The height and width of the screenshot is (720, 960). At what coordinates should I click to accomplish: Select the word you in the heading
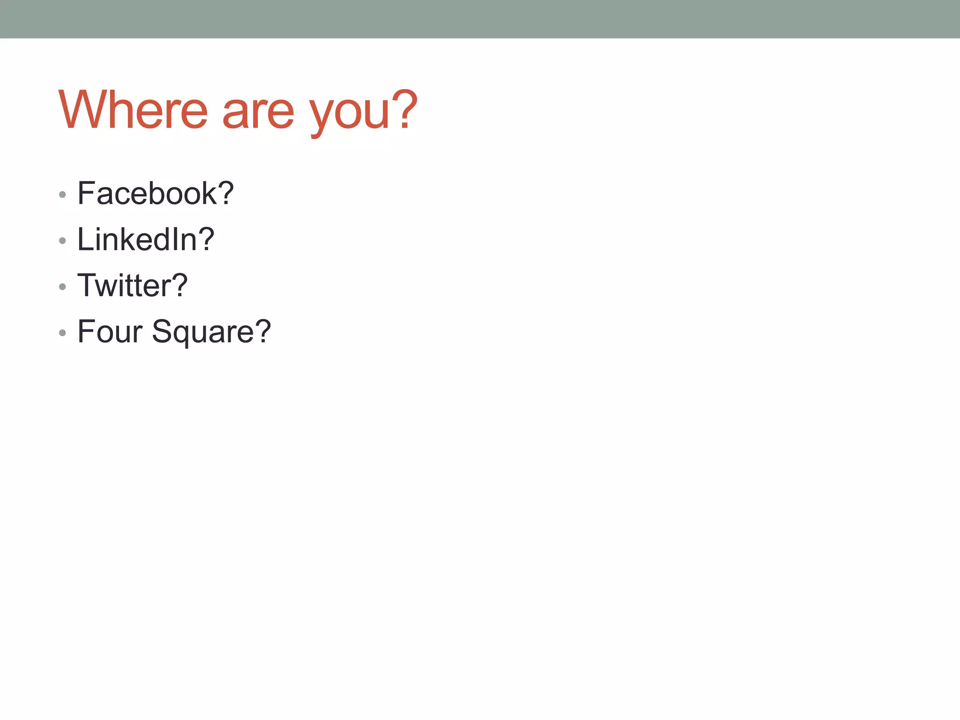pos(349,115)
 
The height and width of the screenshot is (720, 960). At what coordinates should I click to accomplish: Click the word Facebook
pos(147,193)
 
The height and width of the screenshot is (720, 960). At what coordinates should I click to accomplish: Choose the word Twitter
pos(124,285)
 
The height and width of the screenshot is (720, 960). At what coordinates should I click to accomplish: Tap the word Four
pos(110,331)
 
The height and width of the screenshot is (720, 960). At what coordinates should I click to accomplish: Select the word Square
pos(202,333)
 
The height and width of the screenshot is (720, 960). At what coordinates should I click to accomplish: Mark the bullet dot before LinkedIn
pos(62,241)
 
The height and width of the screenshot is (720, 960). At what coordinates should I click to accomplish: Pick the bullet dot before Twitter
pos(62,287)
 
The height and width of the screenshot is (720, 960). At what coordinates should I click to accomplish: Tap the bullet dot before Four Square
pos(62,333)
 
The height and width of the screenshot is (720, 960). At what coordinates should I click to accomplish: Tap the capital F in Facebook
pos(86,193)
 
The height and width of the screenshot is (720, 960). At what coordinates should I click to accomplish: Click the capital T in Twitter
pos(87,285)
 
